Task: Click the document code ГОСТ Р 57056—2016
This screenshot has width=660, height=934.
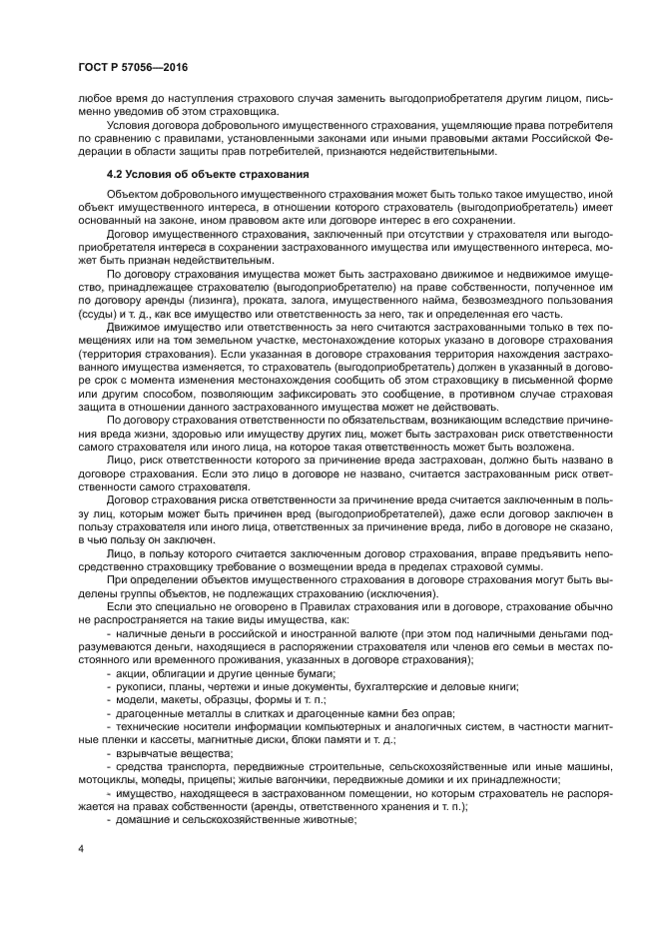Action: (x=132, y=67)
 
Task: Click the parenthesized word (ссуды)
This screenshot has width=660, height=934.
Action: (x=98, y=311)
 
